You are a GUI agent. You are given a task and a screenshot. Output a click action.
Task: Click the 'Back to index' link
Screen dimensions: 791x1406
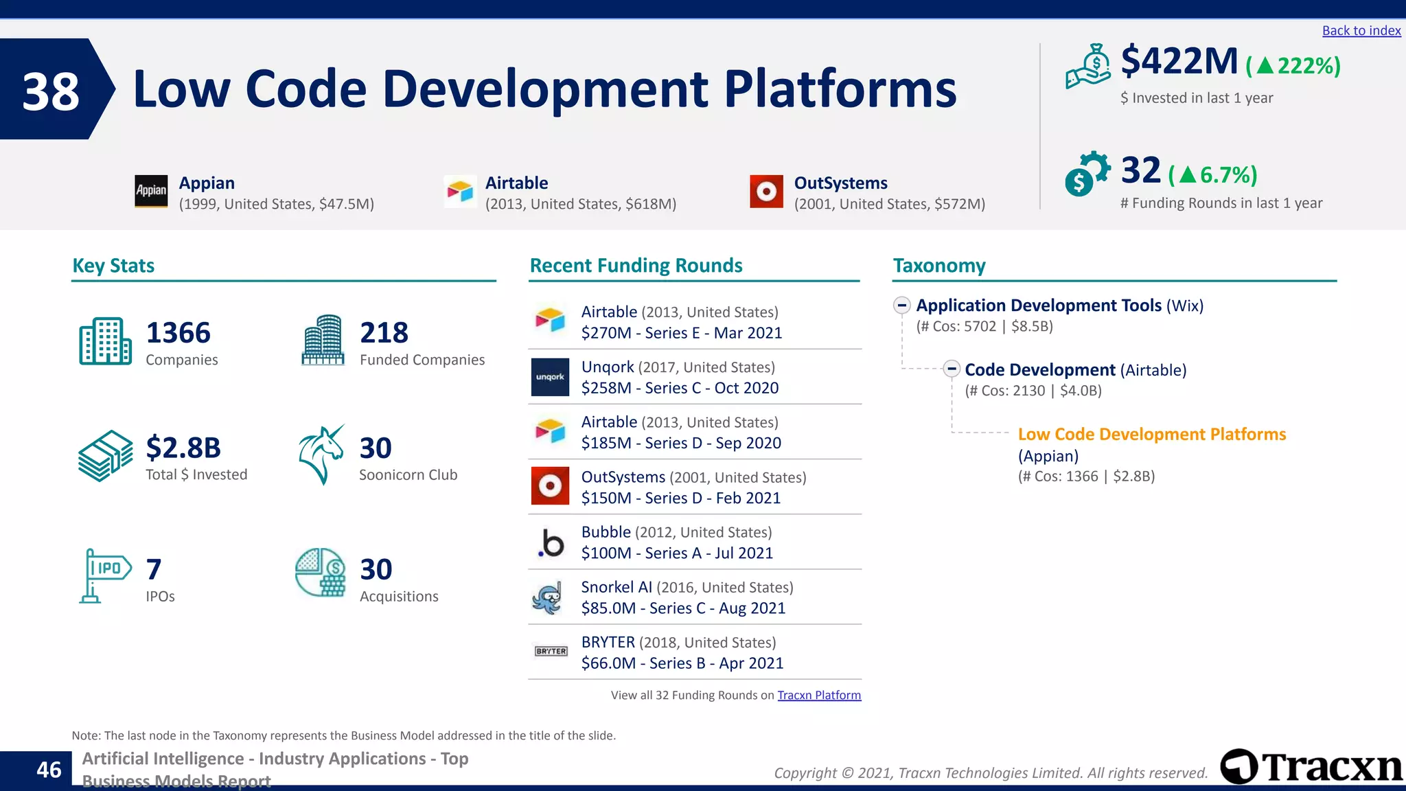1361,31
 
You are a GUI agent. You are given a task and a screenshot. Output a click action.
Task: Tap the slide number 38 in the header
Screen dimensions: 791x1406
50,91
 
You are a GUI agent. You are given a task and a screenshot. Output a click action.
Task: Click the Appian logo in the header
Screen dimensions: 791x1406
151,191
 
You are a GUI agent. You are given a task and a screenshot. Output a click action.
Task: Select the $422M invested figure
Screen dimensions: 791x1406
1179,62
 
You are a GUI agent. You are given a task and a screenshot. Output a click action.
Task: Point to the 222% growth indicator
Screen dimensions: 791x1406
1293,66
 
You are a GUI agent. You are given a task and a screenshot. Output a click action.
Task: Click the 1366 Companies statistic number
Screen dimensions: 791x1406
178,333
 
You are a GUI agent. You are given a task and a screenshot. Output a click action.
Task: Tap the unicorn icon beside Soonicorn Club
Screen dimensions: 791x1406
321,455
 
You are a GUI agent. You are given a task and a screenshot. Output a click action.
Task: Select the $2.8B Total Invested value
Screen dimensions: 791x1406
183,448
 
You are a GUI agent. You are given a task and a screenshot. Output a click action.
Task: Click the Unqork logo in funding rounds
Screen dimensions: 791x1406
550,377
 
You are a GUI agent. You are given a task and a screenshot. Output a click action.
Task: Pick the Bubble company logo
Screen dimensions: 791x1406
550,542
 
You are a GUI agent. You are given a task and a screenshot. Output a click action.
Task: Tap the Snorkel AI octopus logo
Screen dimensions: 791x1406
549,597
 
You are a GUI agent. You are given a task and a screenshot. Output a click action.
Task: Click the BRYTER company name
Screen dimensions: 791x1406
608,643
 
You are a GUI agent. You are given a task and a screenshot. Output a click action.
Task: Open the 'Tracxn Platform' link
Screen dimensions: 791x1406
818,695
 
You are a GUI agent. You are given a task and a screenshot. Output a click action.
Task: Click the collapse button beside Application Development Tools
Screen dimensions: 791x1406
901,306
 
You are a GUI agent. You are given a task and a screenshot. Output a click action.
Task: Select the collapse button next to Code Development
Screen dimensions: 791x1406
951,369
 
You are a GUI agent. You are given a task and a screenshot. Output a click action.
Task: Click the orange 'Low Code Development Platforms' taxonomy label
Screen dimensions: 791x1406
1151,435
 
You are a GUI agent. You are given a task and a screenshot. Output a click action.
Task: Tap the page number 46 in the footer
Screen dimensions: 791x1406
48,770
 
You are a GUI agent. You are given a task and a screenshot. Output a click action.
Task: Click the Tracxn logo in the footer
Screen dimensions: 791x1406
1311,766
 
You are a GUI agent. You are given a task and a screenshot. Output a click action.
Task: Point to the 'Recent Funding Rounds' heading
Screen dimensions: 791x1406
636,266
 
